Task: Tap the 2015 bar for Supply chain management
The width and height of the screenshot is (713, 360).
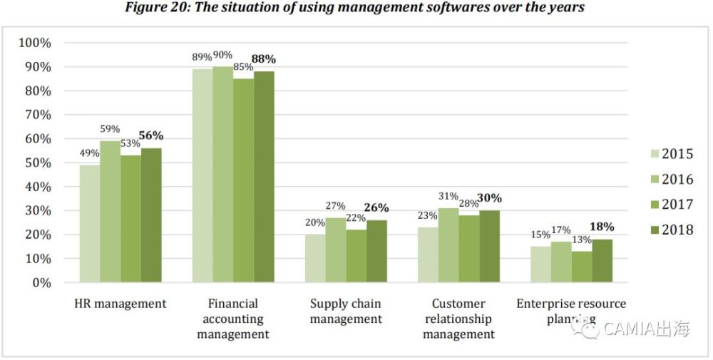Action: (315, 258)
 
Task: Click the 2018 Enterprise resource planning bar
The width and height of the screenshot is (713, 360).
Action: (602, 261)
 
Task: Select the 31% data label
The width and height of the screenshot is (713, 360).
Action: (448, 196)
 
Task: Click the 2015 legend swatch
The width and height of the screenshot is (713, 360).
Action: (654, 155)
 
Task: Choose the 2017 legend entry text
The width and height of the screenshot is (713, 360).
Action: (677, 205)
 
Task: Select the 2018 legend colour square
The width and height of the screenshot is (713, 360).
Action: (654, 230)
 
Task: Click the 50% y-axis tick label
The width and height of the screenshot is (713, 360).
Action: (37, 163)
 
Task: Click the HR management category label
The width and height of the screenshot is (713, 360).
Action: (120, 304)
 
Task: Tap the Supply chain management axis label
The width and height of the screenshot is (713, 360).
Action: (345, 312)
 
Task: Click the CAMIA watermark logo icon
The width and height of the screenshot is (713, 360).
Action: (589, 329)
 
